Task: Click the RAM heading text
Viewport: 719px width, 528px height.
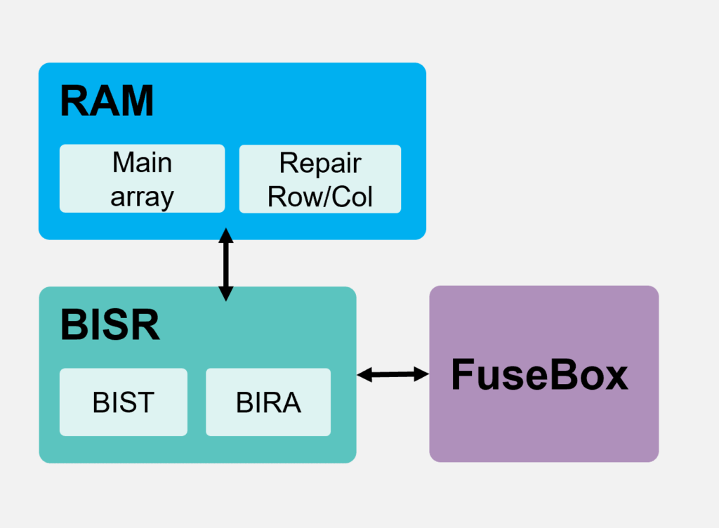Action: pos(107,101)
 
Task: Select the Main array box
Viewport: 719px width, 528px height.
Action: pos(142,178)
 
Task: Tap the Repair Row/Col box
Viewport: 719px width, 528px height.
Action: pos(320,178)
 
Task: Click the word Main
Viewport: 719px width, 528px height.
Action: pos(142,163)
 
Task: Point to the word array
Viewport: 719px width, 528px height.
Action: pos(142,197)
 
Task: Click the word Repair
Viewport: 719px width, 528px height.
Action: pos(320,163)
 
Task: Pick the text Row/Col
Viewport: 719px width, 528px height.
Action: pos(320,197)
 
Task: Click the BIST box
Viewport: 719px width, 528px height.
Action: pos(124,402)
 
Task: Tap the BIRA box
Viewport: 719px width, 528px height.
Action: pos(268,402)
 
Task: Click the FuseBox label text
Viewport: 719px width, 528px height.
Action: pos(539,374)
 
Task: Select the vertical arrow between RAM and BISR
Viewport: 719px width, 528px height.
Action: pos(225,264)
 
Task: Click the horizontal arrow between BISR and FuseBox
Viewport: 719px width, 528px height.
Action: pos(393,375)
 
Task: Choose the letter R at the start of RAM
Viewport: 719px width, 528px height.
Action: pos(74,101)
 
